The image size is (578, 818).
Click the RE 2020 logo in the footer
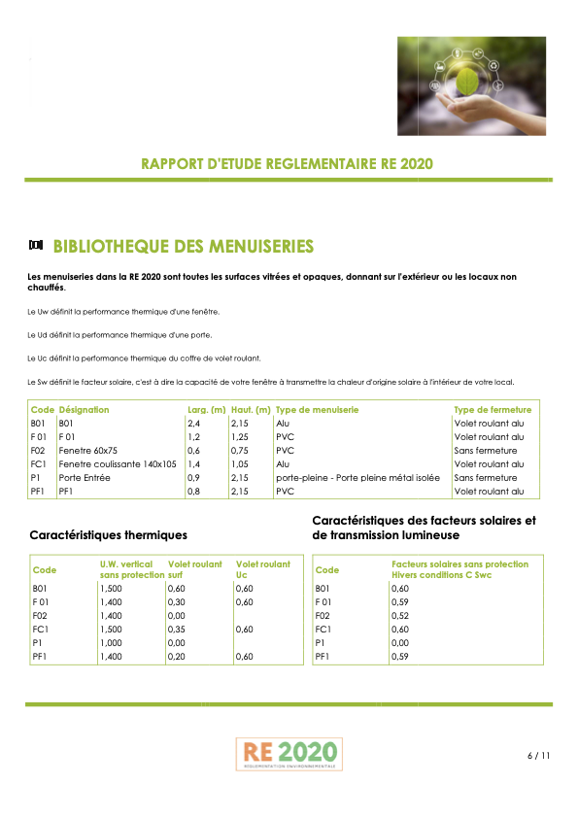tap(289, 752)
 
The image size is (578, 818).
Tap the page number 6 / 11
tap(538, 755)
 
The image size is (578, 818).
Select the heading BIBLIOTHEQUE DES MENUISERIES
tap(183, 245)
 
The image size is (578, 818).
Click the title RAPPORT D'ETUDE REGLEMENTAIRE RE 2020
tap(288, 163)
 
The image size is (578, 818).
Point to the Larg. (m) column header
tap(206, 410)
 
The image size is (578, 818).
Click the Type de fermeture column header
tap(493, 410)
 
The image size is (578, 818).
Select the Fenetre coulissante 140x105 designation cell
tap(118, 464)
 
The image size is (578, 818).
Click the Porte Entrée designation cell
tap(85, 478)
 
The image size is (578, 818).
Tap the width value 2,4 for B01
tap(193, 424)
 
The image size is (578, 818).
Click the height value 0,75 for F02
tap(239, 451)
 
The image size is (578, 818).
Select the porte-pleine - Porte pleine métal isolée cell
tap(357, 478)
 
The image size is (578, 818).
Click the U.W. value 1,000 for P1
tap(111, 643)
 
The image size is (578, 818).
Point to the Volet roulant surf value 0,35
tap(176, 630)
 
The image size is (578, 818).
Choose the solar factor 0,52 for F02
tap(400, 616)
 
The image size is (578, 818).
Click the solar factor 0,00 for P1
tap(400, 643)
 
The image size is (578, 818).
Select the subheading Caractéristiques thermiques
tap(109, 535)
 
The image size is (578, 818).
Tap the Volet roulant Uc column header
tap(262, 569)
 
